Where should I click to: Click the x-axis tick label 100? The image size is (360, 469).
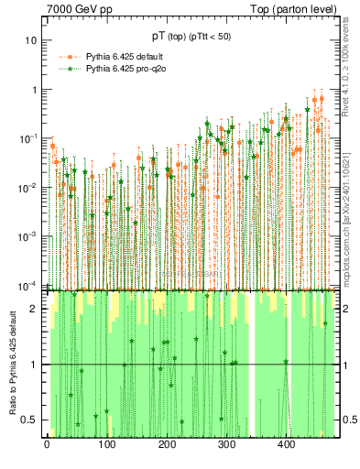pos(106,445)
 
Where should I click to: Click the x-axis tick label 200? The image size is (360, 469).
pos(166,445)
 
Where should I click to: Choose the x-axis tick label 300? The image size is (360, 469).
pos(225,445)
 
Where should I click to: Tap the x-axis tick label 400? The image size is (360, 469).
pos(286,445)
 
